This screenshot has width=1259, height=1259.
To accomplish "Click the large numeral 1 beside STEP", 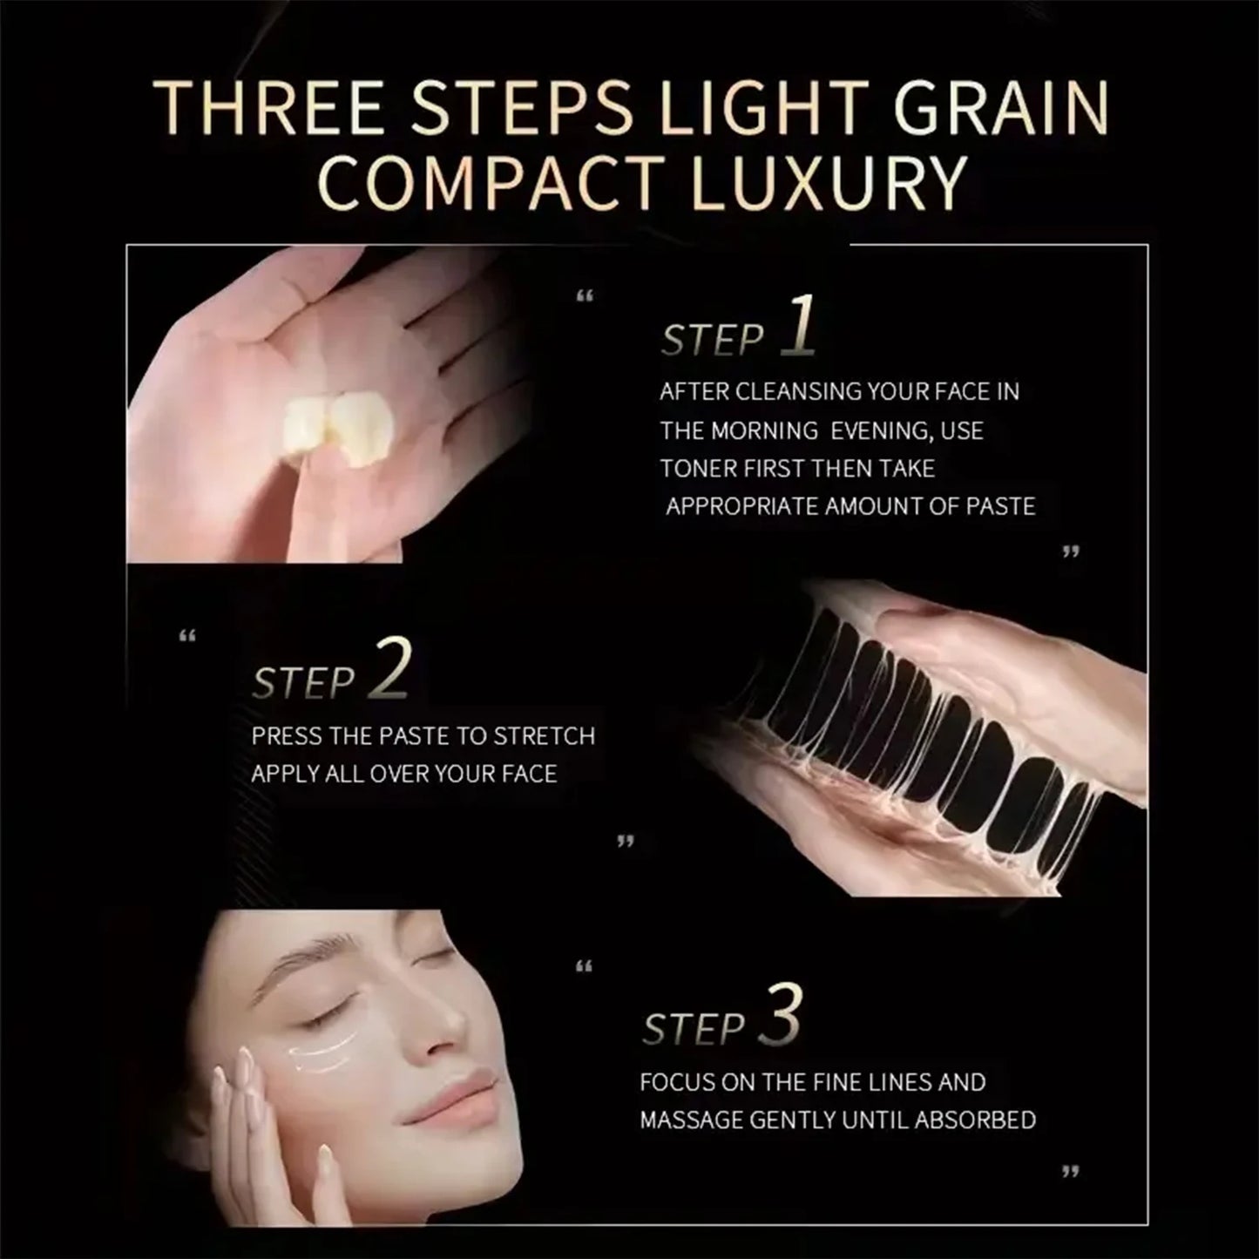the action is [798, 325].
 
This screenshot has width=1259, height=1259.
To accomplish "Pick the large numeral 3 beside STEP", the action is [780, 1015].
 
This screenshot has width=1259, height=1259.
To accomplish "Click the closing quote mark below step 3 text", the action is [1070, 1172].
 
